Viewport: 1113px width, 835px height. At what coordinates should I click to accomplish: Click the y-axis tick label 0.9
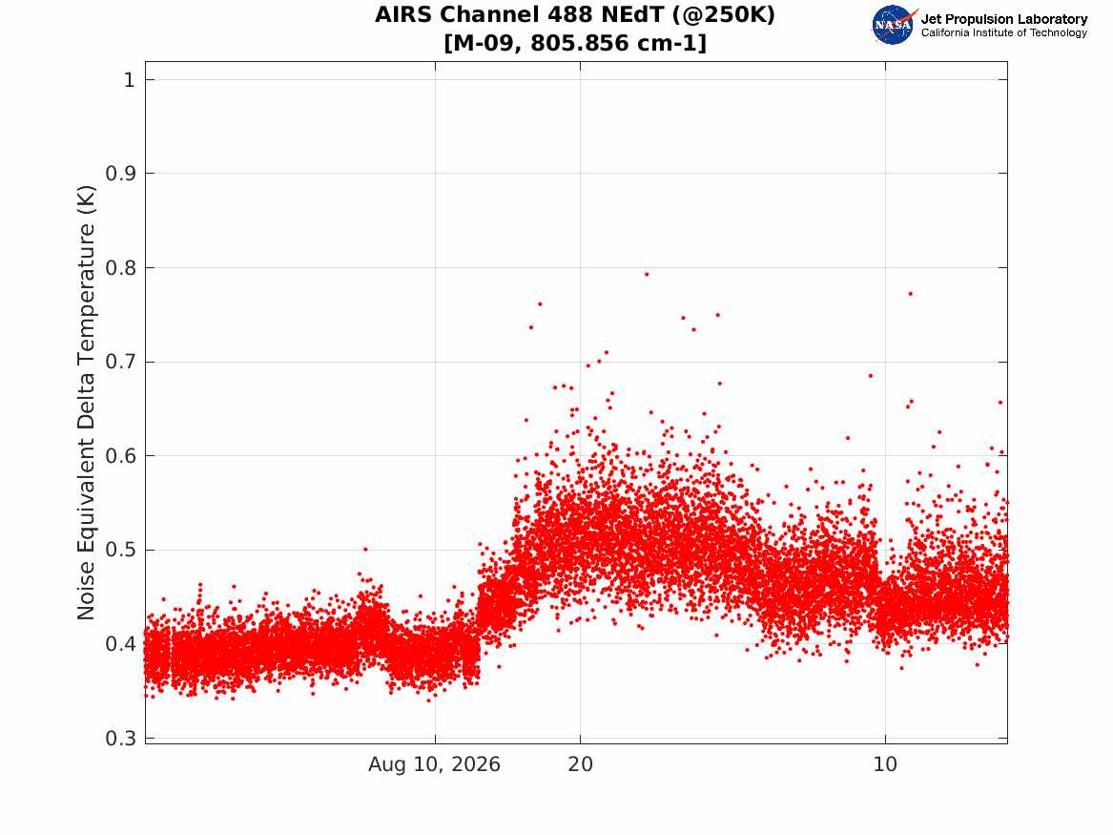(120, 174)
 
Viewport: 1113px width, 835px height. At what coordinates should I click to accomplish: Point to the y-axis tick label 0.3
(120, 739)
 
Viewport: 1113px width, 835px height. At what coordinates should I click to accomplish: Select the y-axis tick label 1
(129, 79)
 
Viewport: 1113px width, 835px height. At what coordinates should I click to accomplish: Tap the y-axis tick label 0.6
(120, 456)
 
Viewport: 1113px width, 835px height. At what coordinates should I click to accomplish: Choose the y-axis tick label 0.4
(120, 644)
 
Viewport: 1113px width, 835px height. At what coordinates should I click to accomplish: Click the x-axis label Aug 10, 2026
(434, 764)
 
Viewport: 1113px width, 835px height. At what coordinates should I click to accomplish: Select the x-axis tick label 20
(580, 764)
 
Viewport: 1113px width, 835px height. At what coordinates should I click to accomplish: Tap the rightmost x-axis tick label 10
(885, 764)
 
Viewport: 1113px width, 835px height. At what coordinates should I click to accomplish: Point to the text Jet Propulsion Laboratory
(1004, 19)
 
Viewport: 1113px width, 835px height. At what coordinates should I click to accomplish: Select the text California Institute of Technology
(1004, 32)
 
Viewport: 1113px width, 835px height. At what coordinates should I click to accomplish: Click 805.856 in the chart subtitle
(579, 43)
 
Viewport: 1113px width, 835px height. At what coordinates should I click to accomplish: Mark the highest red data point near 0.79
(647, 274)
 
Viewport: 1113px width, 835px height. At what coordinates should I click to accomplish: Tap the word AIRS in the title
(404, 14)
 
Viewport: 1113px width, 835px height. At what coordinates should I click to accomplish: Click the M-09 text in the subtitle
(484, 43)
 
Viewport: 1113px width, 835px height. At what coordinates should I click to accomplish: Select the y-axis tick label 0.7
(120, 362)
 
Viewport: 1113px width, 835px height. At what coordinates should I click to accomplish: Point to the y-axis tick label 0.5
(120, 551)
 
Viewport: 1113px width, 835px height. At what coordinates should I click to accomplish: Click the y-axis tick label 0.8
(120, 268)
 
